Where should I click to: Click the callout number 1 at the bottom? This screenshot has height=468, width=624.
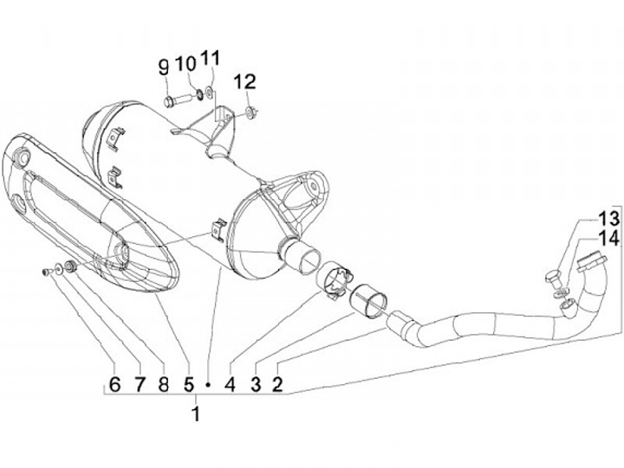pos(196,414)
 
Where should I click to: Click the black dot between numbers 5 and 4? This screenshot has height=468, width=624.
pos(209,382)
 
